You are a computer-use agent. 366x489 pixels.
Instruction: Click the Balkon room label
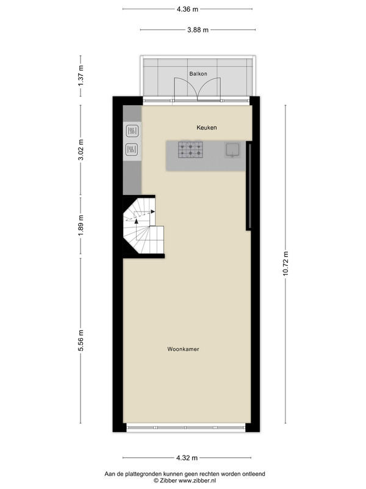(198, 74)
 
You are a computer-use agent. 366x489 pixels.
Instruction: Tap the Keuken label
(207, 128)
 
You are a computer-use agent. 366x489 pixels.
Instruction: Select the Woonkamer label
(184, 349)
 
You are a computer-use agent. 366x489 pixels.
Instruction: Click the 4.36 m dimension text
(187, 9)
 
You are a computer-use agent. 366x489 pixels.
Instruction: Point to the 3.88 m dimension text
(198, 30)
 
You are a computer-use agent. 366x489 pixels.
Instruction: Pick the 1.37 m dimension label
(81, 76)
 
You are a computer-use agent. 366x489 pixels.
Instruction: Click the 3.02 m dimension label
(81, 150)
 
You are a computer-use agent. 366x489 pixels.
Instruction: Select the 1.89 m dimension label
(81, 225)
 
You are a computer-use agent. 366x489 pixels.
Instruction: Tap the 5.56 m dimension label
(81, 340)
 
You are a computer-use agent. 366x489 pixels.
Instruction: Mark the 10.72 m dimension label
(285, 263)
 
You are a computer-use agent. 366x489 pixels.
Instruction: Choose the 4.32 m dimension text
(187, 458)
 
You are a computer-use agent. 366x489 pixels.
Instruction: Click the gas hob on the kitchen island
(190, 150)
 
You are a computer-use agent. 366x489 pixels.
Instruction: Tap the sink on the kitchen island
(232, 149)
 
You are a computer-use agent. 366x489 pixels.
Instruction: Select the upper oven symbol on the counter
(132, 131)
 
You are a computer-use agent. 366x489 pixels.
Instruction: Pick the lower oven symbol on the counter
(132, 150)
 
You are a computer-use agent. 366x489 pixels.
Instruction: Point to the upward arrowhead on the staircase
(136, 221)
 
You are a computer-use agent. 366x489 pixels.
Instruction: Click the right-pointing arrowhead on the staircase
(153, 211)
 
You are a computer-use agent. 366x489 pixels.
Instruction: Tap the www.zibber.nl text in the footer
(196, 480)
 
